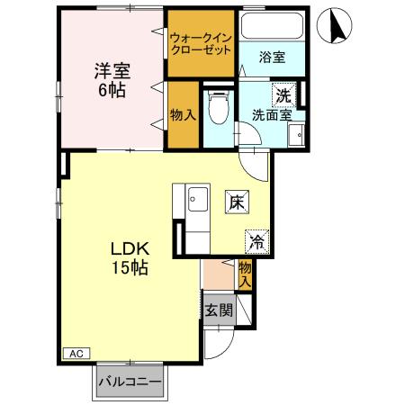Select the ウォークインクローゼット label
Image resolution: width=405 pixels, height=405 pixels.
pos(202,42)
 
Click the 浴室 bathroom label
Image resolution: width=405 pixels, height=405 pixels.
pos(274,58)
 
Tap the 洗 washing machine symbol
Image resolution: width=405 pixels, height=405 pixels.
pos(283,94)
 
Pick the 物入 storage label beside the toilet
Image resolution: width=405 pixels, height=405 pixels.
pos(183,115)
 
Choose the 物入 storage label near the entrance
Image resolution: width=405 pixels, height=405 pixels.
pos(246,273)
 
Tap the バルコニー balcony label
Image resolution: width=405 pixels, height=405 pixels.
pos(130,382)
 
